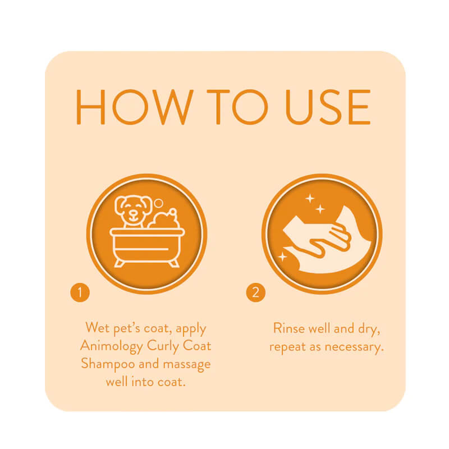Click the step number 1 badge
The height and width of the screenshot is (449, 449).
[x=80, y=292]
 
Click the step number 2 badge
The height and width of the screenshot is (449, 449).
[x=255, y=292]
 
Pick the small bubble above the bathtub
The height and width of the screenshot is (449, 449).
[x=159, y=203]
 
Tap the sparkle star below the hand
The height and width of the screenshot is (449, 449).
[x=282, y=256]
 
